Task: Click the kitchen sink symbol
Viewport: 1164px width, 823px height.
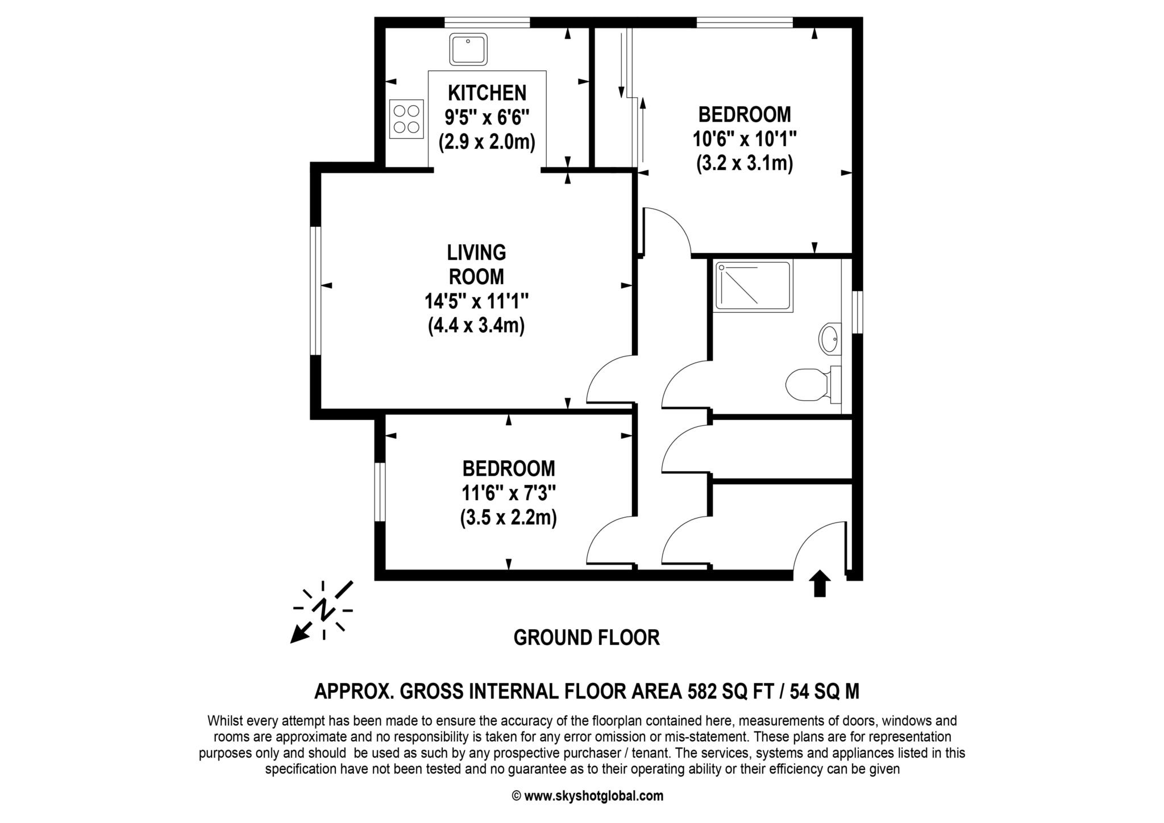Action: click(x=468, y=49)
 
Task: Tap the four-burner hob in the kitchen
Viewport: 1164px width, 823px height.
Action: click(x=406, y=119)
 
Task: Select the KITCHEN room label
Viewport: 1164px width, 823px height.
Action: click(x=487, y=93)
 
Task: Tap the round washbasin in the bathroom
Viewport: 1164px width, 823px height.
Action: click(x=829, y=339)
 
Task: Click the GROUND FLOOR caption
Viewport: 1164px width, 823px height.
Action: click(x=587, y=638)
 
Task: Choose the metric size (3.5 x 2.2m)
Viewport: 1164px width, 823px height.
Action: click(x=508, y=518)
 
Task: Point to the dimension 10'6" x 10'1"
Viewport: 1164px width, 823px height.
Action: click(x=744, y=139)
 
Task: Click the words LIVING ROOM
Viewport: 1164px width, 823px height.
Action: click(x=476, y=264)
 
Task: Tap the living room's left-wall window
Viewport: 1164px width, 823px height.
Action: click(x=315, y=291)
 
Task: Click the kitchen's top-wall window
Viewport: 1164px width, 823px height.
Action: click(x=487, y=23)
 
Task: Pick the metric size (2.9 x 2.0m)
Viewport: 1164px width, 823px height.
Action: click(x=487, y=142)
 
